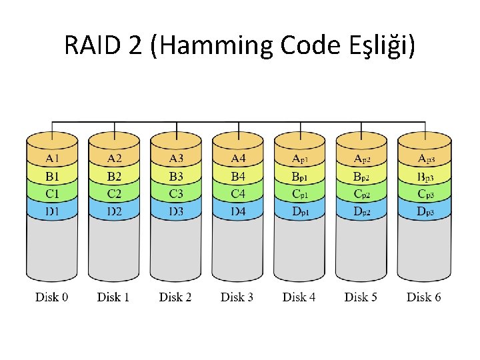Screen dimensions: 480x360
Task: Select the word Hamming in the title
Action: point(215,45)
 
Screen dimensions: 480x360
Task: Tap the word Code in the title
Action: point(311,45)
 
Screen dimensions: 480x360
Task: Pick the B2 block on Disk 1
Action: point(114,176)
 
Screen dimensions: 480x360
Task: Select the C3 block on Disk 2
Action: point(176,193)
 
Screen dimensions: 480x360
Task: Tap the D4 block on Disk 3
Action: point(238,211)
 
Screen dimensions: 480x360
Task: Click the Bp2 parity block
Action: point(361,176)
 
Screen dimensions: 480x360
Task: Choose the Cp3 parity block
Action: point(424,193)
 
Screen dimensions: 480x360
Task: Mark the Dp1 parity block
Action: point(300,211)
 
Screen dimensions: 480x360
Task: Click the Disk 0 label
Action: point(51,297)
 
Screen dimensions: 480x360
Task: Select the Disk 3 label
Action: point(237,297)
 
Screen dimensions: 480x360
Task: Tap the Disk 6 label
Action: point(424,297)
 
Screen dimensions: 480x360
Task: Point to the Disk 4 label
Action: point(299,297)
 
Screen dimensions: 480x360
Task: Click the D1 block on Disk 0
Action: point(52,211)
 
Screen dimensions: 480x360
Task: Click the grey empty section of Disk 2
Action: point(176,248)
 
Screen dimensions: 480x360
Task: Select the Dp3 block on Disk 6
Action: point(424,211)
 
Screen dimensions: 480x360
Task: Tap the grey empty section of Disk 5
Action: point(361,248)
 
